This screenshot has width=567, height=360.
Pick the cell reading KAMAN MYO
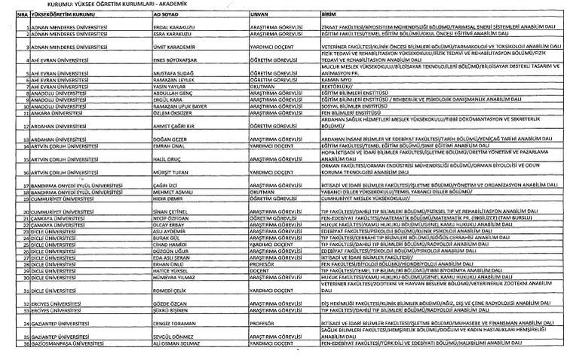337,80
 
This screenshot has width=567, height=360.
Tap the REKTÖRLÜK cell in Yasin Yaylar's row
336,86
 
